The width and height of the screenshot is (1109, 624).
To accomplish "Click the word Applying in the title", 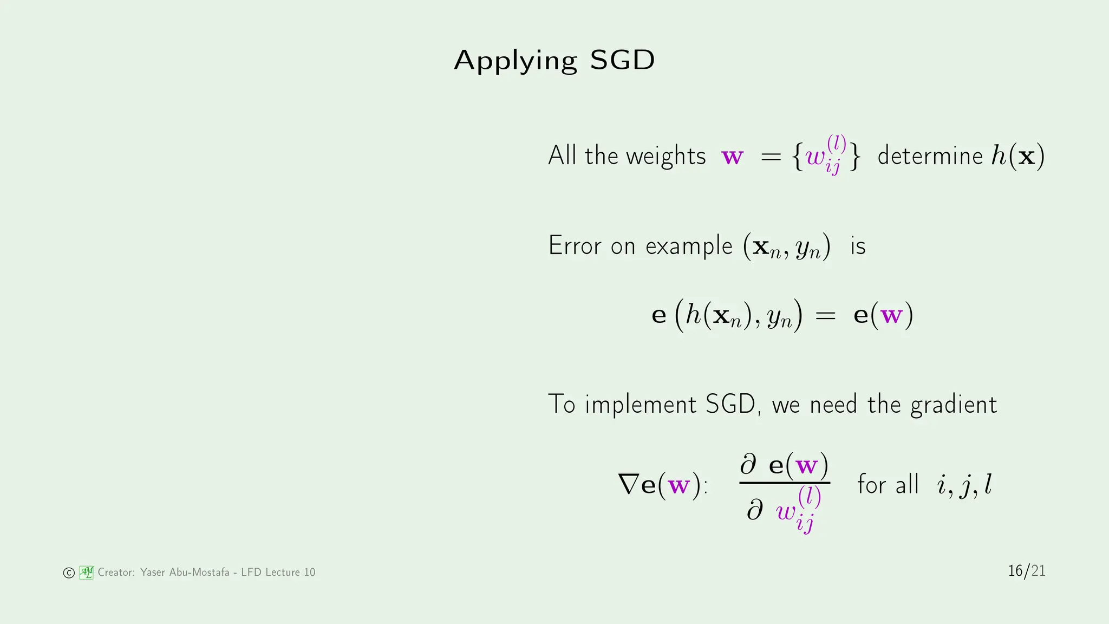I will [x=515, y=61].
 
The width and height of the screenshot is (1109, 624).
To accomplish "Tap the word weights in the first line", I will [x=666, y=156].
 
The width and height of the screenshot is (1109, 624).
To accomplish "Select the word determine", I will [x=930, y=156].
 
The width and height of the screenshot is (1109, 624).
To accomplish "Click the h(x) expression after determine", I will [x=1017, y=156].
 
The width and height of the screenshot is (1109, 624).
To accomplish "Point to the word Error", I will [x=575, y=245].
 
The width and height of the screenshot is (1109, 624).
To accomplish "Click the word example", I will [x=689, y=246].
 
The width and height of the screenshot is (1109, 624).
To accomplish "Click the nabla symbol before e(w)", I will [x=629, y=484].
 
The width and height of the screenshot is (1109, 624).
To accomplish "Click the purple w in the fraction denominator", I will [x=786, y=511].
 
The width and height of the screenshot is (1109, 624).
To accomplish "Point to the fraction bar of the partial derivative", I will [x=785, y=482].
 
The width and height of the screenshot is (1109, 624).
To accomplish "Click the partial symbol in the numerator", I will [x=748, y=465].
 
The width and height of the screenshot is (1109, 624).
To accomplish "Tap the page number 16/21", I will [x=1026, y=571].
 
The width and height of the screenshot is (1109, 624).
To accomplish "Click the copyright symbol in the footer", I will [x=69, y=573].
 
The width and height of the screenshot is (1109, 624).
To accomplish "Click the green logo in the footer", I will [x=87, y=572].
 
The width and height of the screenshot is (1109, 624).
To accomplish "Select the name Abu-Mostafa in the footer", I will [x=199, y=572].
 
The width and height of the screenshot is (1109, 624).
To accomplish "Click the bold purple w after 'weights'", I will [x=733, y=157].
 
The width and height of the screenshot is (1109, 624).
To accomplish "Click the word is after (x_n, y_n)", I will [x=858, y=246].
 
